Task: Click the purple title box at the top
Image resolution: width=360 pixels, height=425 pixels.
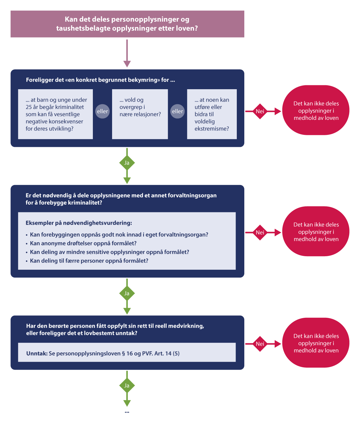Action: (127, 24)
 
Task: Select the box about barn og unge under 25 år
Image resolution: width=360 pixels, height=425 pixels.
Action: (55, 114)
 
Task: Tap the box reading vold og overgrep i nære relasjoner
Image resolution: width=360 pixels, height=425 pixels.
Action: (140, 114)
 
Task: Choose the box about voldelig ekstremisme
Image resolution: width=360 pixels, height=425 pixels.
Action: (212, 114)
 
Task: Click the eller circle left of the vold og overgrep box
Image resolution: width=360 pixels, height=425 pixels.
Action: (102, 111)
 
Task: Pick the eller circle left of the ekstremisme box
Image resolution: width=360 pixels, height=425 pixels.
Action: (178, 111)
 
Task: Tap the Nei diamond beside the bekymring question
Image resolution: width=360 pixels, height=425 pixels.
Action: (260, 111)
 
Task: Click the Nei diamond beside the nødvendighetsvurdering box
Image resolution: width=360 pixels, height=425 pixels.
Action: (260, 232)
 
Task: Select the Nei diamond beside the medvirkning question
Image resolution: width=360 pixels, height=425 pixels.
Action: (260, 344)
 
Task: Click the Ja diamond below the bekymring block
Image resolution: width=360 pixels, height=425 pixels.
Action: (127, 163)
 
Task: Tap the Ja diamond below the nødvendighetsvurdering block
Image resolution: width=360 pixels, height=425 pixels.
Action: (127, 293)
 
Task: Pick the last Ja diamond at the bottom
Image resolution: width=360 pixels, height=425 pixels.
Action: (127, 386)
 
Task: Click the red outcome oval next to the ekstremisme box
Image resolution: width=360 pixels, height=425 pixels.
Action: (316, 110)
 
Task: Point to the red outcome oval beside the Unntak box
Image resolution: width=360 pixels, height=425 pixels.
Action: (316, 343)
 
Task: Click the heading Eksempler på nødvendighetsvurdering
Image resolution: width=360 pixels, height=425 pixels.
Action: (79, 223)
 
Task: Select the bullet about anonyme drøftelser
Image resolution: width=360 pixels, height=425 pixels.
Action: (81, 243)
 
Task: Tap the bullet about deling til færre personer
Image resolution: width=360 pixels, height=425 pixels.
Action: (87, 261)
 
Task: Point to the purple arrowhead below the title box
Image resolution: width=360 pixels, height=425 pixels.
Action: (127, 64)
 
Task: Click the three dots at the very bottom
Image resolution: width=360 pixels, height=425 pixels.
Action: (127, 412)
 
